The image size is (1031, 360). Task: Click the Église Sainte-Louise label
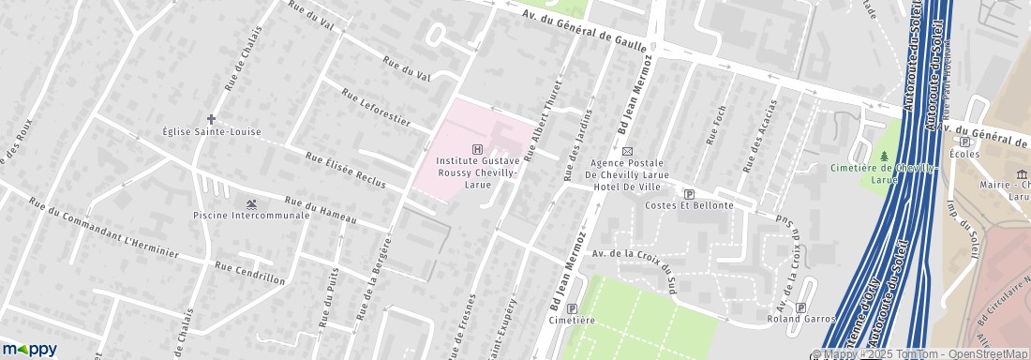[x=212, y=132]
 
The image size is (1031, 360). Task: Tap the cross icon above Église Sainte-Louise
[x=212, y=120]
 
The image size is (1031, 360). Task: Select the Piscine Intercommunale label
[x=250, y=216]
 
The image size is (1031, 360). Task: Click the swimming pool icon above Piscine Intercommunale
[x=251, y=203]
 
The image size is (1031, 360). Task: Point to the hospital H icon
[x=479, y=149]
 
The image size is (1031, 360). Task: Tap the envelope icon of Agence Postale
[x=627, y=151]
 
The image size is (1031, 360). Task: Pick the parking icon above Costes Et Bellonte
[x=688, y=192]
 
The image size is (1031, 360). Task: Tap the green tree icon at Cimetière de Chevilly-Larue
[x=884, y=155]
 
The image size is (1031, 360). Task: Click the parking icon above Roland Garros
[x=800, y=307]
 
